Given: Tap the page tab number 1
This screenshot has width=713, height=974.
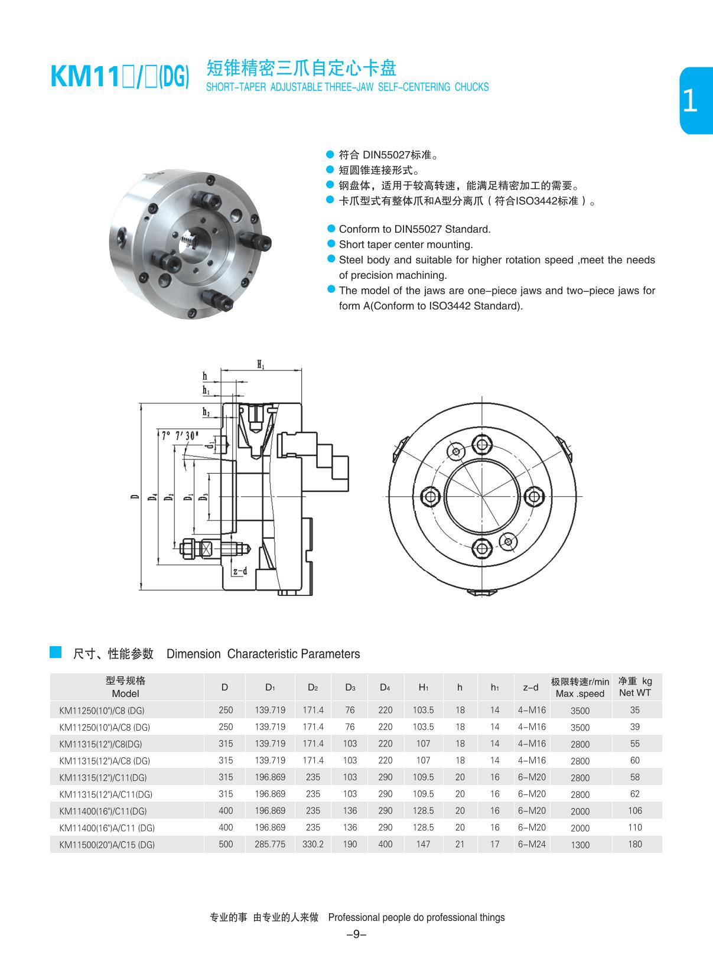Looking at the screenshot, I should coord(690,101).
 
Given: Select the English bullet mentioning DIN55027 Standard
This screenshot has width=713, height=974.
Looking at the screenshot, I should coord(414,229).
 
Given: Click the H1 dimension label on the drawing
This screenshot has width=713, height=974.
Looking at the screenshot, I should coord(261,365).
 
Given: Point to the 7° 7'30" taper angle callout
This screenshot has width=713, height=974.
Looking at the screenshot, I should coord(180,436).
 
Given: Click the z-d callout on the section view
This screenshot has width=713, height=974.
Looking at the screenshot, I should coord(240,571).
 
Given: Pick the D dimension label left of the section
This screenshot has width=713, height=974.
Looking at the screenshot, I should coord(135,497).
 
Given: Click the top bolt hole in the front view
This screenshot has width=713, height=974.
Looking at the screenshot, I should coord(483,444).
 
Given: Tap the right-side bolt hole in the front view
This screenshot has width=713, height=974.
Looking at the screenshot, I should coord(534,496).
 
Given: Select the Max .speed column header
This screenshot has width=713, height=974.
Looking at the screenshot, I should coord(580,688).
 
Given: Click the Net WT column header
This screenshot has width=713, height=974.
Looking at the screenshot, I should coord(635,687).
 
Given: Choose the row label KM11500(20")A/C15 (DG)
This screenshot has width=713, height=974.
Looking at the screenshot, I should coord(107,845).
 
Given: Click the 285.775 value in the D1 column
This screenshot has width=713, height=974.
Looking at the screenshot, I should coord(270,844).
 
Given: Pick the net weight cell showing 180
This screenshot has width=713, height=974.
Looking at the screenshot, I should coord(635,844).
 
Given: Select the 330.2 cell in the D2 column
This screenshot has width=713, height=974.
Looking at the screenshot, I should coord(313,844).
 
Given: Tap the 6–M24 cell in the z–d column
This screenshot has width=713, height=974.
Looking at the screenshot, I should coord(532,844).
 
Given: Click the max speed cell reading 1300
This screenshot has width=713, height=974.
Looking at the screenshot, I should coord(580,845).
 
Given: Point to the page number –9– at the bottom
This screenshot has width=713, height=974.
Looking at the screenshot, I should coord(356,934).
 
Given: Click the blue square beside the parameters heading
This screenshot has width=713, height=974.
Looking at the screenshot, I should coord(56,652).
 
